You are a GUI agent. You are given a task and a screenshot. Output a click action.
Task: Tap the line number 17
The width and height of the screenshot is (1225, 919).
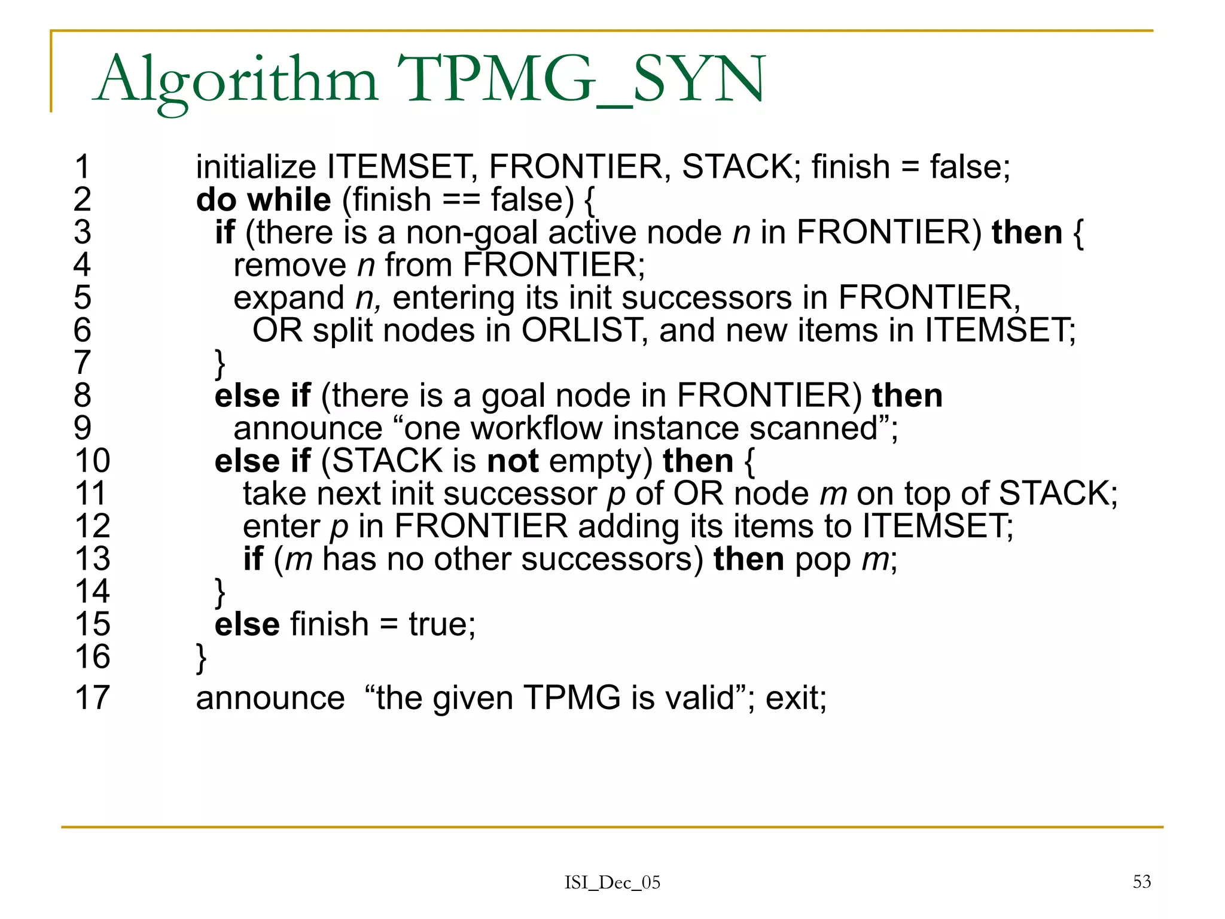(92, 698)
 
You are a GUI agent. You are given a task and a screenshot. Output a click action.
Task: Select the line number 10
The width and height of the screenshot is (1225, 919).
(92, 461)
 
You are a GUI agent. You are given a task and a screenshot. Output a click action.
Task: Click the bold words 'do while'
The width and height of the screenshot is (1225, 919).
(263, 199)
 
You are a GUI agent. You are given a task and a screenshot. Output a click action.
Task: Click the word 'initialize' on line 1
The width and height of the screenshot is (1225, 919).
(256, 167)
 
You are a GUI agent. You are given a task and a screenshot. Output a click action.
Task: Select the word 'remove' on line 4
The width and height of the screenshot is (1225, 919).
(290, 265)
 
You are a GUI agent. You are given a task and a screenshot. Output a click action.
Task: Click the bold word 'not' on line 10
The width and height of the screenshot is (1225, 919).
(513, 461)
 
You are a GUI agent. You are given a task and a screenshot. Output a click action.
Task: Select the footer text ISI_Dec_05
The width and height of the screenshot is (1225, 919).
(612, 883)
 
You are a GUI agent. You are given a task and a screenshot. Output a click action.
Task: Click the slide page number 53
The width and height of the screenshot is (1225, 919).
(1141, 881)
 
